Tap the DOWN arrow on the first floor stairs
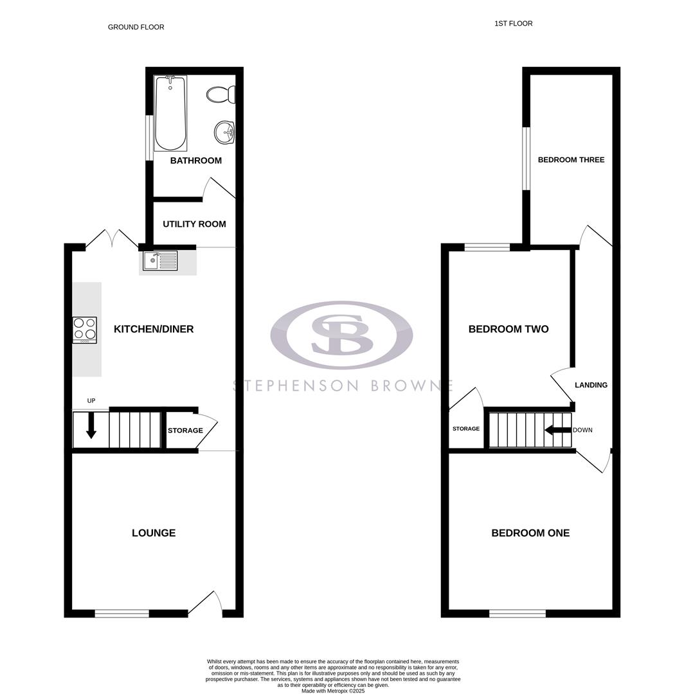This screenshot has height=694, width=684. [x=557, y=430]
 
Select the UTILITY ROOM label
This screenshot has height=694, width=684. [x=194, y=224]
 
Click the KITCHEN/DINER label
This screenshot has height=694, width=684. [x=154, y=329]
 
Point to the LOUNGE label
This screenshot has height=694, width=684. [x=154, y=533]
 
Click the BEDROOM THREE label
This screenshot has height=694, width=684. [x=571, y=159]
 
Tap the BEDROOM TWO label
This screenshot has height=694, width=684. [x=509, y=329]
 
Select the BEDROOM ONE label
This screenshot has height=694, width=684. [x=530, y=533]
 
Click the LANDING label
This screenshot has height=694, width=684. [x=591, y=385]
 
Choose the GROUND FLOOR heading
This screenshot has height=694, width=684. [x=136, y=27]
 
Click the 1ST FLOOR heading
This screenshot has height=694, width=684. [x=513, y=24]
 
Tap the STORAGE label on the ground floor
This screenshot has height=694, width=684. [x=185, y=431]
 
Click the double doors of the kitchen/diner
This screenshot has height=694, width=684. [x=111, y=240]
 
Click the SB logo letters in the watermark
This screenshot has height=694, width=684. [x=341, y=334]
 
